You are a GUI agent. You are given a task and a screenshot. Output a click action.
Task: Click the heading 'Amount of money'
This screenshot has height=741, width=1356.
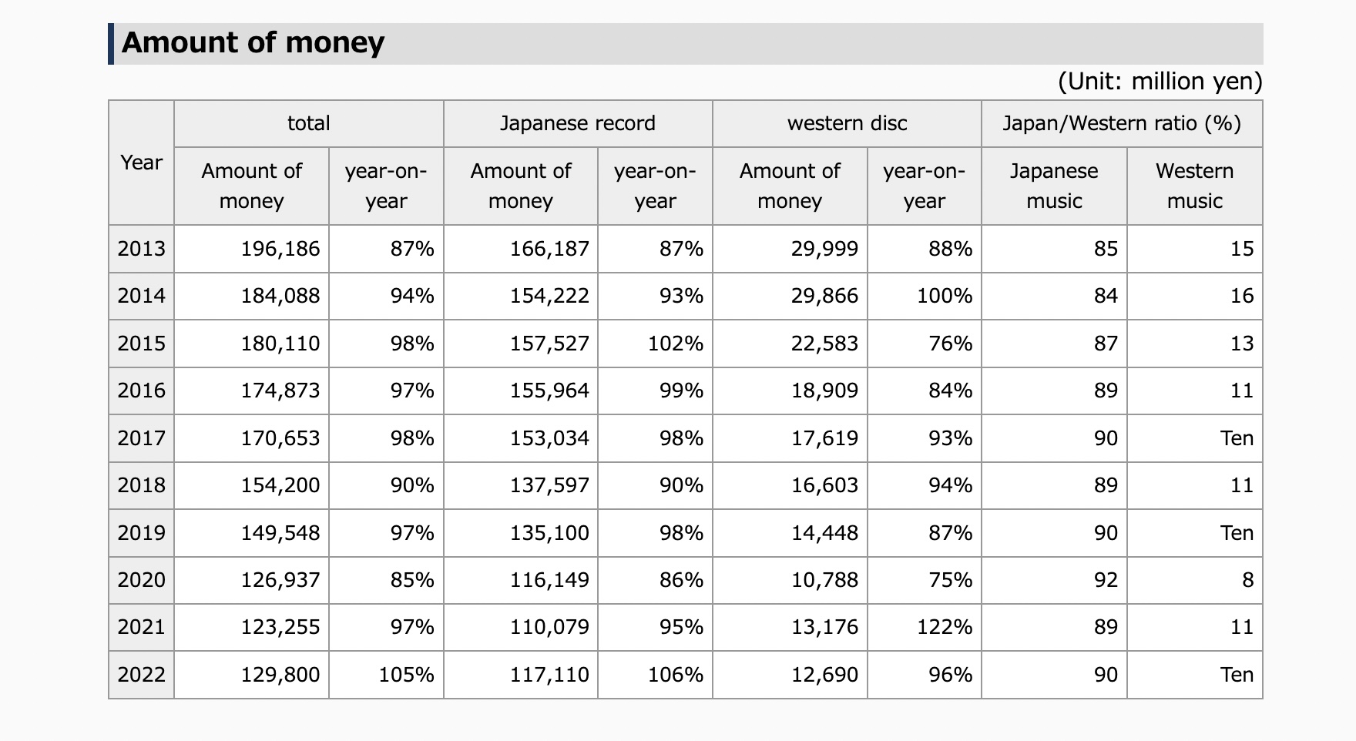253,42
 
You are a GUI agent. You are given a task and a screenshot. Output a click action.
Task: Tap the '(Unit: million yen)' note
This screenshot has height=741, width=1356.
1160,81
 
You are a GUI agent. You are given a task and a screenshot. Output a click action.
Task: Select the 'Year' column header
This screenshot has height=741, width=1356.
141,163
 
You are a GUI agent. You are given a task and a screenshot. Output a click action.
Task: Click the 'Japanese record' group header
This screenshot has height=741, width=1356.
578,123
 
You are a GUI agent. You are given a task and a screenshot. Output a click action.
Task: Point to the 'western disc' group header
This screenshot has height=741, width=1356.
847,123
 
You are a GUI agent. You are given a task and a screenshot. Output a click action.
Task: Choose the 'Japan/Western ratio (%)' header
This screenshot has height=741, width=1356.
1122,123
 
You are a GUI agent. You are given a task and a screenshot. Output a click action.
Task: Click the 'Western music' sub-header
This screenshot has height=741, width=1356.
1194,186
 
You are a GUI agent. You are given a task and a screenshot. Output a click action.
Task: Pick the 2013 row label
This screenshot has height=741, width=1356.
141,249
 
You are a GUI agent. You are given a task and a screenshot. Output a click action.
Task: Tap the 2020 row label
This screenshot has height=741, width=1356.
141,580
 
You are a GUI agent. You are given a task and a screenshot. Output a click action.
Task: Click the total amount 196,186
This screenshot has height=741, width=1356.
280,249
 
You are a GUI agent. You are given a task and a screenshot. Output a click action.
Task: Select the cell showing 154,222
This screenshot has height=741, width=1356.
549,296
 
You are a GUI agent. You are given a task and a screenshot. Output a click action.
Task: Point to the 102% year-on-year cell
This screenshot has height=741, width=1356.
676,344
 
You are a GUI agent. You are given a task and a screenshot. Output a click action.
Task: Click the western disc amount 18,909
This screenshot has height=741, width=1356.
824,391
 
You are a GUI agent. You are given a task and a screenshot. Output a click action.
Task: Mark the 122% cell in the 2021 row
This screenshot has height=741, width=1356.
945,627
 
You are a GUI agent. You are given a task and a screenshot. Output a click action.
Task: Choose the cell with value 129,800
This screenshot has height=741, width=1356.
280,675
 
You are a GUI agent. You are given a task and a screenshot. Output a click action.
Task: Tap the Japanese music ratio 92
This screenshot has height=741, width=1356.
1106,580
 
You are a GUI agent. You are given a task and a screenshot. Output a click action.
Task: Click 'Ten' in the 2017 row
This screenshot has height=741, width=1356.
1237,438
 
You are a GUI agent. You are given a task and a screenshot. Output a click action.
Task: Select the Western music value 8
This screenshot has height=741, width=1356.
1248,580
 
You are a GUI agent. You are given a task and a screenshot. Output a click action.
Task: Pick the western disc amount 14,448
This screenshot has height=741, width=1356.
824,533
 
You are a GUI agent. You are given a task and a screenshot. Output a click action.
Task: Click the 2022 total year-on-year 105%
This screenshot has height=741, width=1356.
406,675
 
